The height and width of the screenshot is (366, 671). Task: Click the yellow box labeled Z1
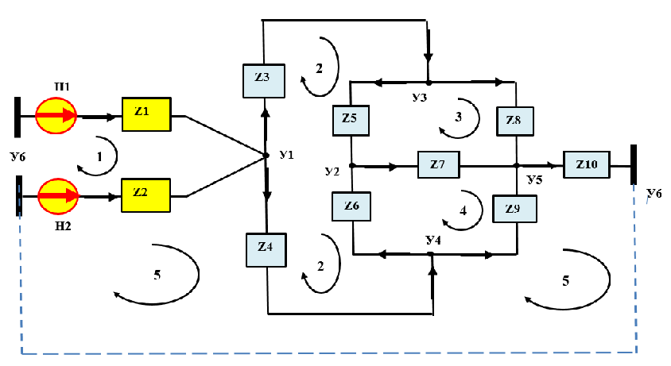click(x=146, y=114)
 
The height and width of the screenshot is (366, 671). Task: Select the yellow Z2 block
click(x=146, y=195)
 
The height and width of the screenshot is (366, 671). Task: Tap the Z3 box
click(x=264, y=81)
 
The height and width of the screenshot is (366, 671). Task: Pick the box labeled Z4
click(x=266, y=250)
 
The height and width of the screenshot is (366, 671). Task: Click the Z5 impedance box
click(x=351, y=121)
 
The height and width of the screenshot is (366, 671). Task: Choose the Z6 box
click(x=351, y=206)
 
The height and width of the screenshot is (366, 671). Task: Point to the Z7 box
click(x=439, y=164)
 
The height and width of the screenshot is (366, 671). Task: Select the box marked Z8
click(x=515, y=121)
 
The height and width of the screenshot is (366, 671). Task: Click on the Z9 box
click(x=514, y=209)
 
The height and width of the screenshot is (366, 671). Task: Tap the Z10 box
click(x=586, y=164)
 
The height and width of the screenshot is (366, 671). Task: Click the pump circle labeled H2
click(x=58, y=196)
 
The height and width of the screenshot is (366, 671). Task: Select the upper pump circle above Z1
click(x=56, y=115)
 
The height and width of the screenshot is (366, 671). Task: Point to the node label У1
click(x=287, y=155)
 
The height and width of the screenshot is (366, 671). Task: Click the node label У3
click(x=420, y=98)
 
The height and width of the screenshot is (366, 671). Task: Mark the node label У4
click(x=433, y=241)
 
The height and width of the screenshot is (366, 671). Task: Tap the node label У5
click(x=534, y=179)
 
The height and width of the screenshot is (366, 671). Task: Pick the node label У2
click(x=332, y=171)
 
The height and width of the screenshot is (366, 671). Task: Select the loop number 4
click(x=463, y=210)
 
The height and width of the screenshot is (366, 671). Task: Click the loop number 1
click(x=99, y=157)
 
